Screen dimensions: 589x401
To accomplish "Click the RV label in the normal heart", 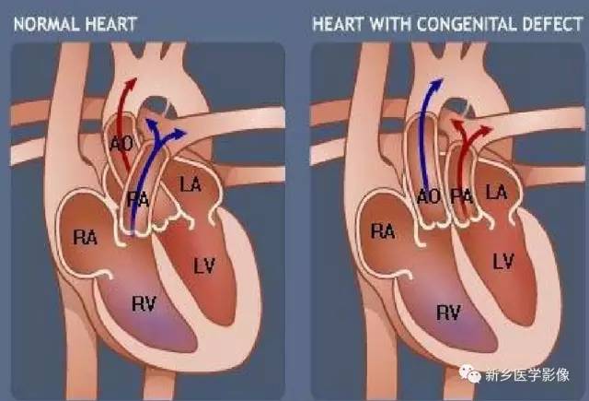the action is (x=144, y=303).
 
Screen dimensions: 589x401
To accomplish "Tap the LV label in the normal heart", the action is (x=204, y=265).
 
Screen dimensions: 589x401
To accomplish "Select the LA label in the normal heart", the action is (x=191, y=184).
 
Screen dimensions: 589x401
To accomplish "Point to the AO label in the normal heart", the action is (x=121, y=144).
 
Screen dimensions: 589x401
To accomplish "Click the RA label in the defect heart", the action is (x=383, y=231).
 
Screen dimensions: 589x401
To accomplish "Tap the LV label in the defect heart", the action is (x=503, y=262).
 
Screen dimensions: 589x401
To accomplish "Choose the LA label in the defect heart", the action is (x=497, y=193).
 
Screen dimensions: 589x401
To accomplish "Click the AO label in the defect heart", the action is (x=429, y=196).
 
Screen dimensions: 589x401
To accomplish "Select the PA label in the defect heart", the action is (x=462, y=196).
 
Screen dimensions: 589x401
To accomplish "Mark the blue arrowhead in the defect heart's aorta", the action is (x=437, y=84).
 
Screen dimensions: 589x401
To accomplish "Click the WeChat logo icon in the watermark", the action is (x=469, y=373).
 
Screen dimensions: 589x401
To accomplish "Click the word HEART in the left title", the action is (x=111, y=25).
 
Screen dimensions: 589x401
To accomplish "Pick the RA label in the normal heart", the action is (x=86, y=238).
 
